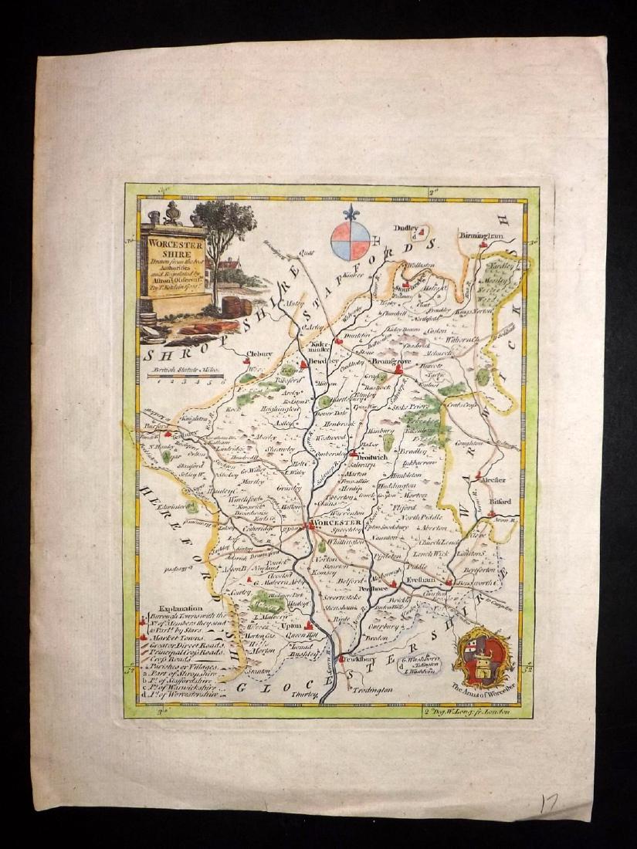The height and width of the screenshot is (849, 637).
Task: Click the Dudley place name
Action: [x=408, y=228]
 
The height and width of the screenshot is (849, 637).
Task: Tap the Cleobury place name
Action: [x=260, y=355]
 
